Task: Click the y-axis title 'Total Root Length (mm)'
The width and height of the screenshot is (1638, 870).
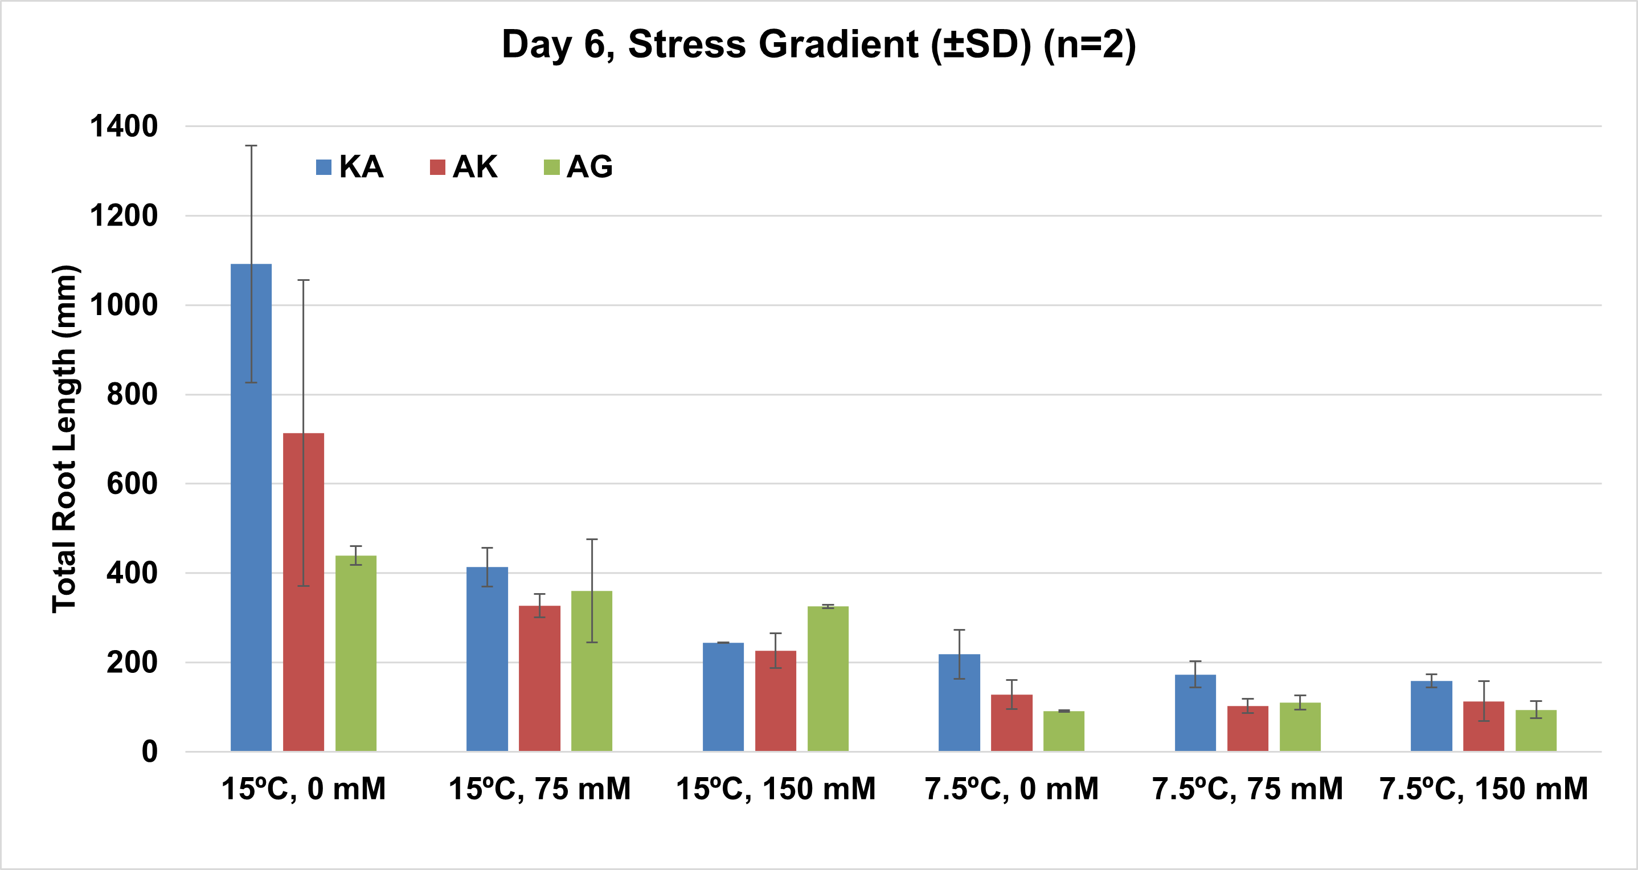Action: point(65,439)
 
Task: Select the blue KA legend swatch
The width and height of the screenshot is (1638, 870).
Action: point(323,168)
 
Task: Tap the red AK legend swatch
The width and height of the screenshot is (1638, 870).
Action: point(437,168)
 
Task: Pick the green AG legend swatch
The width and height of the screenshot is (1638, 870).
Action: point(551,168)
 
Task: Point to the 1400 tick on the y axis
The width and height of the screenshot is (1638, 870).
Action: point(124,126)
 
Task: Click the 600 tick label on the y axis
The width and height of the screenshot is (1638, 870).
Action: point(132,484)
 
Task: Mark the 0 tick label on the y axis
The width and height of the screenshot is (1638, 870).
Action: point(150,751)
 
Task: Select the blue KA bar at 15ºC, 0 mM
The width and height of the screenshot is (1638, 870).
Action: point(251,508)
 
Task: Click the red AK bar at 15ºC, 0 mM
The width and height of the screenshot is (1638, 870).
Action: point(304,592)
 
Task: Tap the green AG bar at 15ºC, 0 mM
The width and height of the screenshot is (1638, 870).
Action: point(356,653)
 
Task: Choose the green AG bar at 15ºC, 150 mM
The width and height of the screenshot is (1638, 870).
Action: point(828,679)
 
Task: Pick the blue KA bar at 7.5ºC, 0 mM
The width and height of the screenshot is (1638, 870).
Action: point(960,702)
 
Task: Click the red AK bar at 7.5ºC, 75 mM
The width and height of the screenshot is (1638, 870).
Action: point(1247,729)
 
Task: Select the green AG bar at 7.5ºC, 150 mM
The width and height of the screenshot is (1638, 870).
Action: point(1536,731)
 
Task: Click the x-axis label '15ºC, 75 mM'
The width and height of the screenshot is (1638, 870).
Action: point(540,789)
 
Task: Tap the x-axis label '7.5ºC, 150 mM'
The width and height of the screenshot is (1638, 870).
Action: point(1484,789)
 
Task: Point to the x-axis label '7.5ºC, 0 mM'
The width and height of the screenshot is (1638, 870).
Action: point(1012,789)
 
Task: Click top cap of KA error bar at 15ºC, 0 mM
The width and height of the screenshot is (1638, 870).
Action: point(251,146)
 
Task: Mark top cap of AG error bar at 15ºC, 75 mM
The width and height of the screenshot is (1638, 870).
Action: point(592,540)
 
